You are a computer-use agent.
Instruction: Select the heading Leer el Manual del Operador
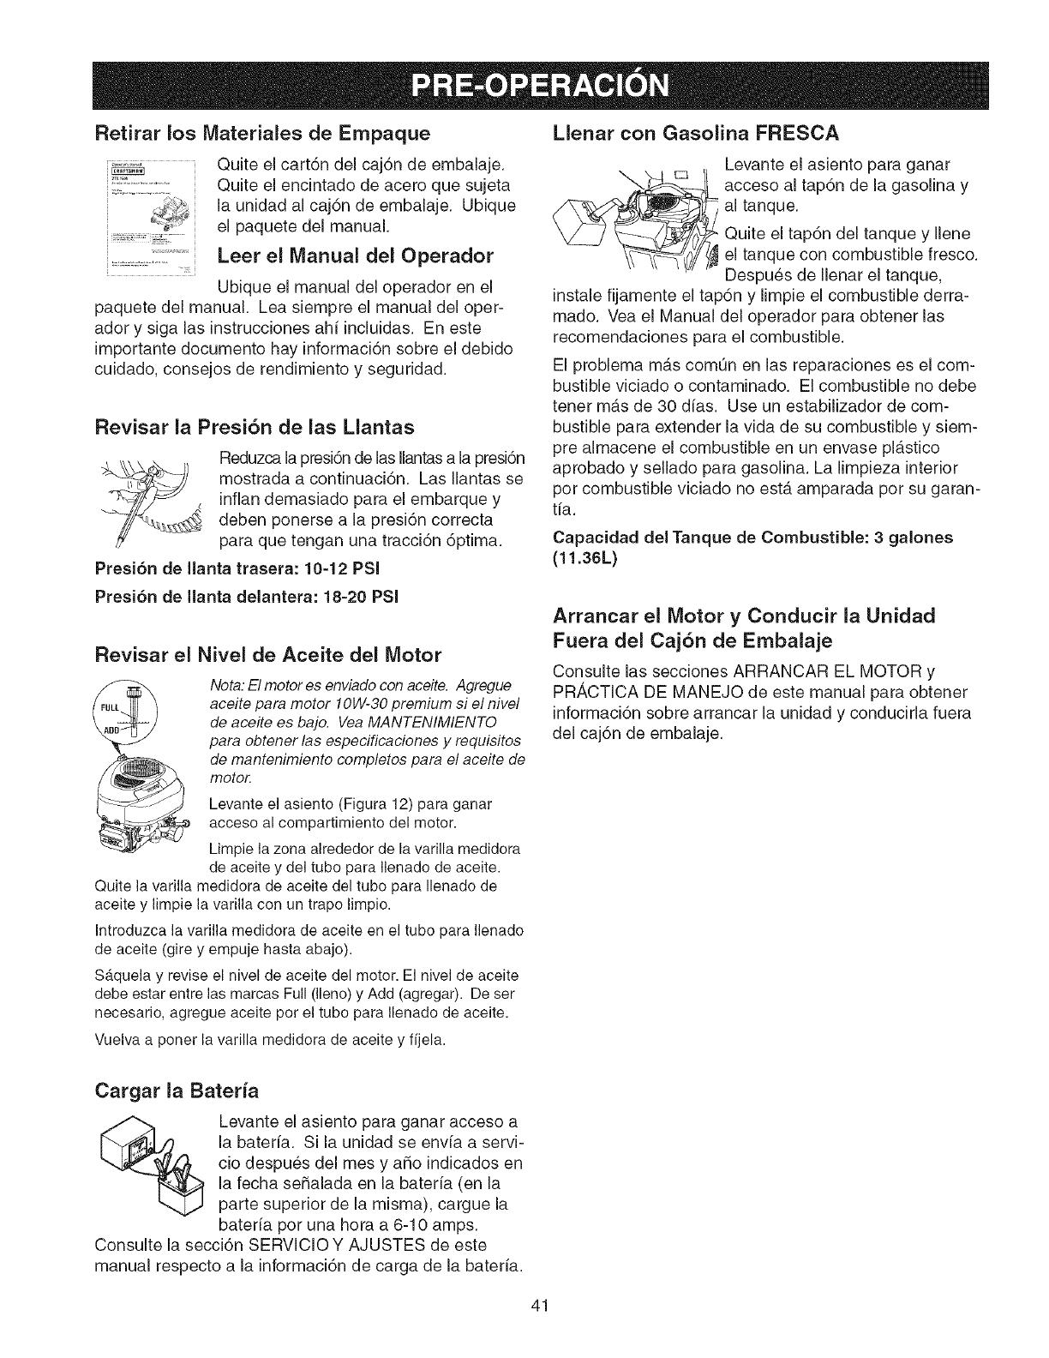[x=356, y=255]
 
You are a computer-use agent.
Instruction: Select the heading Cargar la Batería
[x=178, y=1091]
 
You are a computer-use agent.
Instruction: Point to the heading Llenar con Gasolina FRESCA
[x=695, y=134]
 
